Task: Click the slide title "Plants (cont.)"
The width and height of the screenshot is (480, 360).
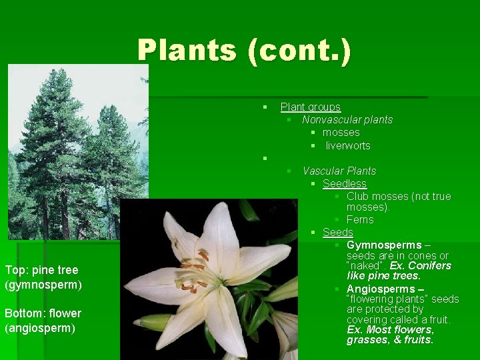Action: pos(244,51)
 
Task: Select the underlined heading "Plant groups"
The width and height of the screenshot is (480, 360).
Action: pos(310,107)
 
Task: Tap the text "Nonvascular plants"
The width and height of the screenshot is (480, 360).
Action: pos(347,119)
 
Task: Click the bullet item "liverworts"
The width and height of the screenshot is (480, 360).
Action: pos(347,145)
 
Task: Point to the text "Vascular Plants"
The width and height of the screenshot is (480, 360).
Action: pos(339,171)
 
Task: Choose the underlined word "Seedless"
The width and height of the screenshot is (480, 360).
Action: pos(344,183)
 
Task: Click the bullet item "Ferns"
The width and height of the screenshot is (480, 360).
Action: pos(360,219)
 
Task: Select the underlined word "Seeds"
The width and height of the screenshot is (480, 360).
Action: pos(337,232)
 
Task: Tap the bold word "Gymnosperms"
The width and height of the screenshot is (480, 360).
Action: pos(384,245)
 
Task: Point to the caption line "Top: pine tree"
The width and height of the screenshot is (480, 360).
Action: pos(41,270)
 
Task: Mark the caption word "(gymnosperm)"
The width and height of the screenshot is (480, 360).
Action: pos(43,285)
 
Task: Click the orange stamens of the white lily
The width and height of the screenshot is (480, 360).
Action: pos(193,270)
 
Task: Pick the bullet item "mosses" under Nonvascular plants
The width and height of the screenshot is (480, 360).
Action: pos(341,132)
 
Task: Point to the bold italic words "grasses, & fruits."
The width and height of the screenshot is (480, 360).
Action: pos(389,340)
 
